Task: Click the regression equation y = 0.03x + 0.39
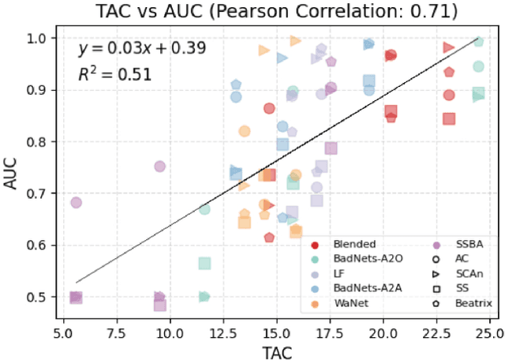[x=141, y=48]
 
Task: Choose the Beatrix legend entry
[x=461, y=303]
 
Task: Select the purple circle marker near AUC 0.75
[x=159, y=167]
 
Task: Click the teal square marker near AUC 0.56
[x=204, y=263]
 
